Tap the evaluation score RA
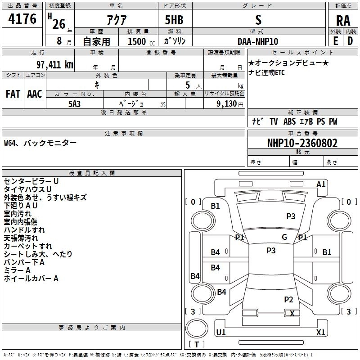click(x=343, y=20)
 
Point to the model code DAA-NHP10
click(x=258, y=41)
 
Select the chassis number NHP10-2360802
click(x=302, y=143)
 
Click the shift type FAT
click(x=13, y=94)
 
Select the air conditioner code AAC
click(x=34, y=94)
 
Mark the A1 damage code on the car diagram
click(x=321, y=184)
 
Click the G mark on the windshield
click(x=284, y=237)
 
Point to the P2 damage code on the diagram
click(x=288, y=299)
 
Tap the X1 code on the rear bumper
click(x=321, y=333)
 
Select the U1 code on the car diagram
click(x=221, y=333)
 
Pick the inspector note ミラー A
click(x=17, y=270)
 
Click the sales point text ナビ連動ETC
click(x=266, y=72)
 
